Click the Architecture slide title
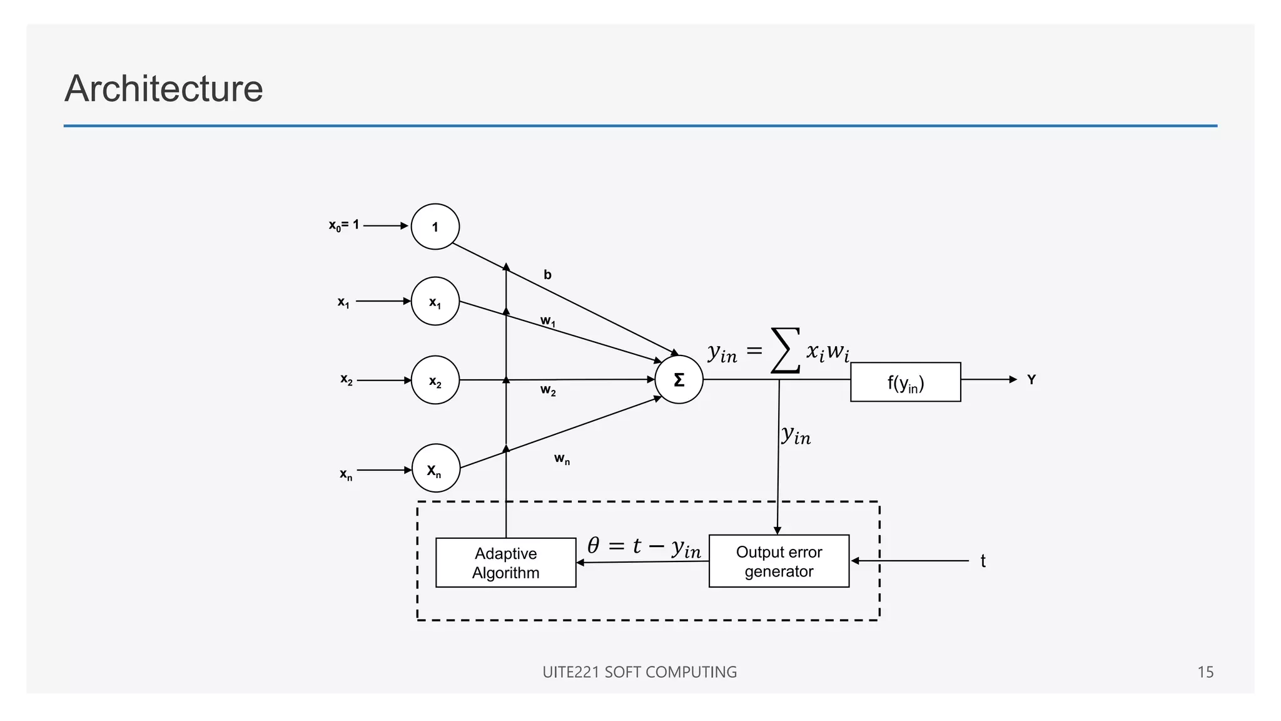(163, 88)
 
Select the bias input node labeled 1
(435, 227)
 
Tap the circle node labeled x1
(435, 302)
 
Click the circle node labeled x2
(435, 381)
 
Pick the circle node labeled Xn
(436, 469)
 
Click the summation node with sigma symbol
(679, 380)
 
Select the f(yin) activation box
(905, 382)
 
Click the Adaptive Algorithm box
(505, 563)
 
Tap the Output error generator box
(779, 561)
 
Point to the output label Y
(1031, 380)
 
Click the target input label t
(983, 561)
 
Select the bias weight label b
(547, 275)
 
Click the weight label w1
(548, 322)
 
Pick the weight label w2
(548, 391)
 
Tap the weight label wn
(562, 459)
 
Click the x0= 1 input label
(344, 225)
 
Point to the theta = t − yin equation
(644, 547)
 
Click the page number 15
(1205, 672)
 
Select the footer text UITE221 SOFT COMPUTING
(639, 672)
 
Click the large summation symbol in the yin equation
(786, 350)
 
